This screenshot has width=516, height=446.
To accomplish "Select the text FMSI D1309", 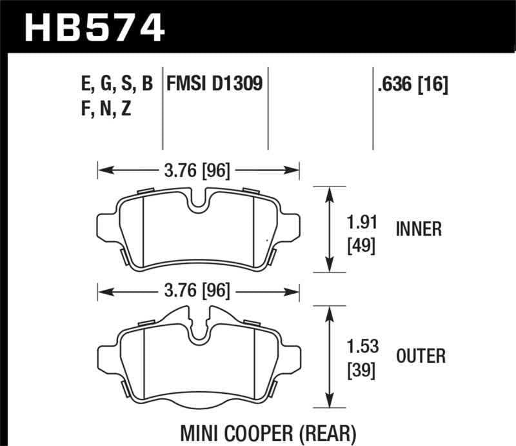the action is point(215,85).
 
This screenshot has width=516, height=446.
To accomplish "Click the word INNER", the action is point(419,229).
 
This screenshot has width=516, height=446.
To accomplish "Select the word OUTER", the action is point(421,356).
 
